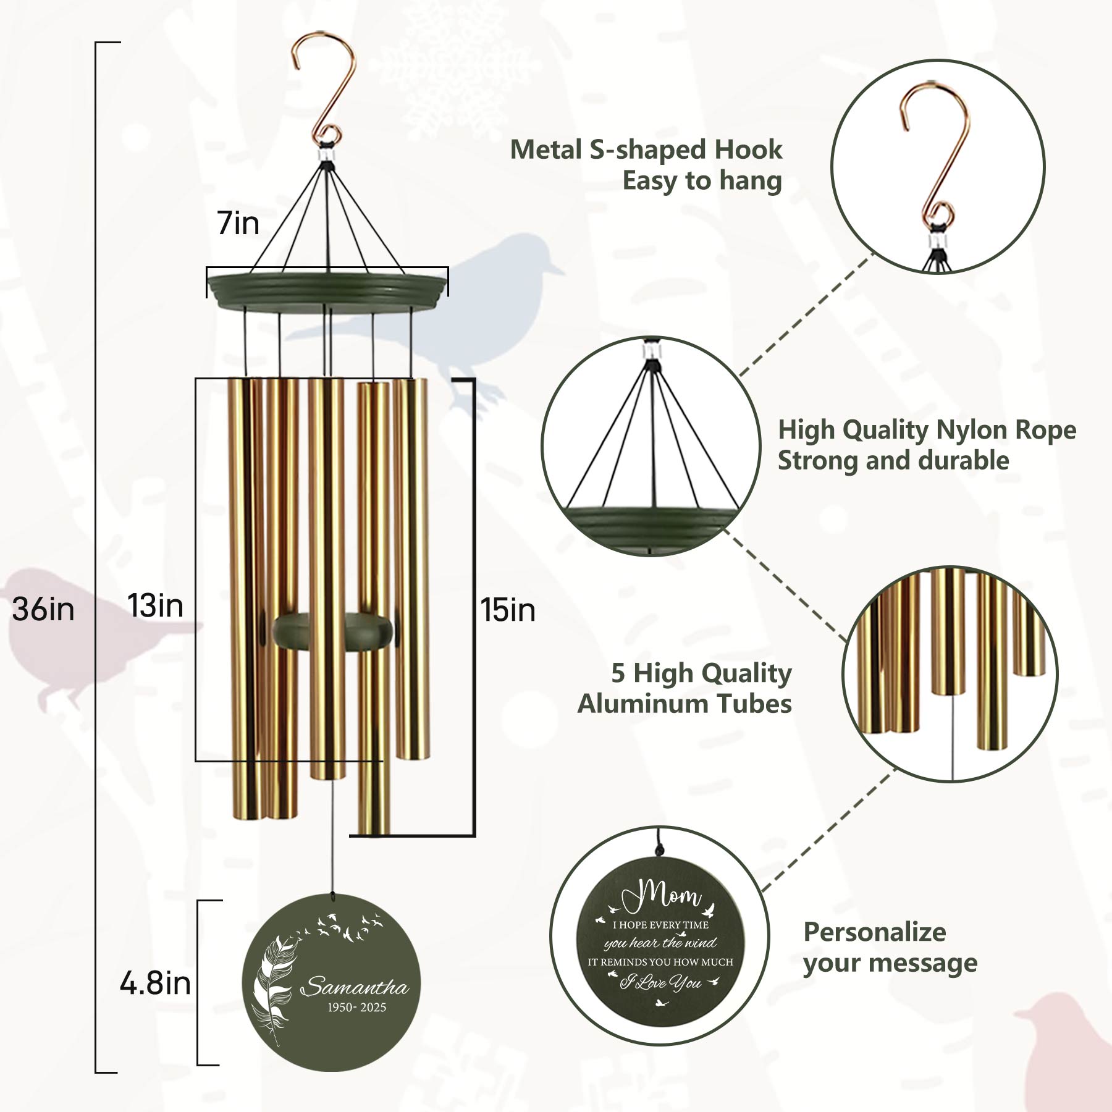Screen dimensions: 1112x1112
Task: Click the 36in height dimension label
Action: click(x=43, y=609)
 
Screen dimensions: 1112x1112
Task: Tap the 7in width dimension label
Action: click(x=238, y=223)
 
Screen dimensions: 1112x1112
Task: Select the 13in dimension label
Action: click(x=156, y=605)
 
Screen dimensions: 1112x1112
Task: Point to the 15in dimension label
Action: click(x=508, y=610)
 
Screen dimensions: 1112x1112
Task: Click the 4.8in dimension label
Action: click(x=155, y=983)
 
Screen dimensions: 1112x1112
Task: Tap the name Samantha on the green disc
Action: click(x=355, y=986)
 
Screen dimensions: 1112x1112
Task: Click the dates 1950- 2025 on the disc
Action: click(x=357, y=1008)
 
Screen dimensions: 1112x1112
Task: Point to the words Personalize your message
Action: click(x=890, y=948)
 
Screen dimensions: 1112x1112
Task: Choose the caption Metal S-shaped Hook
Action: click(x=646, y=150)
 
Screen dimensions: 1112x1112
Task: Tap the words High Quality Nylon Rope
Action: click(x=927, y=430)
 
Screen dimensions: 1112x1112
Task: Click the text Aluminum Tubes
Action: click(x=684, y=704)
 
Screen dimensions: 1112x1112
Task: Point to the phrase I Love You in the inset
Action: click(x=660, y=982)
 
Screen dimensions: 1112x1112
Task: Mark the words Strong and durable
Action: click(x=893, y=461)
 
